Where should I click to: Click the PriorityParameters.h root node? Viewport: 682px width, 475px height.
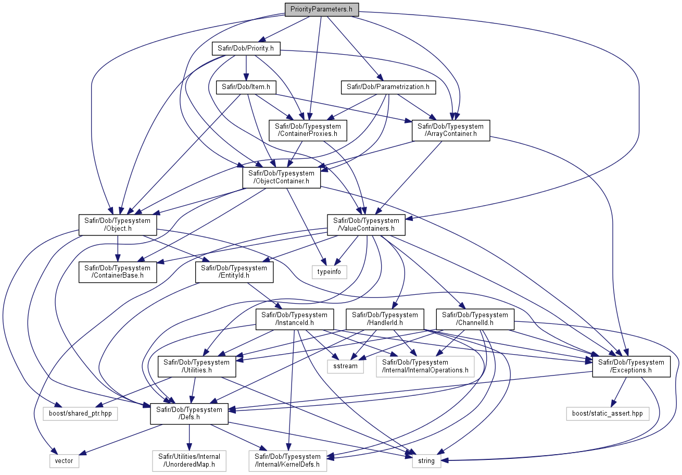click(322, 9)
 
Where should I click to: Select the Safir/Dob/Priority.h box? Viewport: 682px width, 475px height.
click(246, 48)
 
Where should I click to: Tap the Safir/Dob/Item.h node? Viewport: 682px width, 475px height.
click(246, 87)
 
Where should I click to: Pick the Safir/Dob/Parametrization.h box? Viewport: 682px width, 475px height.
click(388, 87)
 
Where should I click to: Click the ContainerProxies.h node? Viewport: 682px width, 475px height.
click(308, 130)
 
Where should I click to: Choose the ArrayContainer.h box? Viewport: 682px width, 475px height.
click(451, 130)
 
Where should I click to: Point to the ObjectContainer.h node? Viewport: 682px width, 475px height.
click(281, 178)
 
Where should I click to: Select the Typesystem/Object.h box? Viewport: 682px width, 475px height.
click(118, 225)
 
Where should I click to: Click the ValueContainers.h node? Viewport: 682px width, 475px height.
click(366, 225)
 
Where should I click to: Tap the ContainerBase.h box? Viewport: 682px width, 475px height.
click(118, 272)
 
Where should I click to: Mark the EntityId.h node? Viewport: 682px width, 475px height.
click(234, 272)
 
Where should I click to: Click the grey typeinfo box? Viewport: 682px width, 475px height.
click(329, 272)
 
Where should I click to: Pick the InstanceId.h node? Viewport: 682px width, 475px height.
click(295, 319)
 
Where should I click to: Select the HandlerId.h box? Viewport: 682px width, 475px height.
click(385, 319)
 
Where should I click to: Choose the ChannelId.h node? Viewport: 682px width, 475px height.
click(475, 319)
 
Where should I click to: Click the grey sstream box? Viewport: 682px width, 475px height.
click(345, 367)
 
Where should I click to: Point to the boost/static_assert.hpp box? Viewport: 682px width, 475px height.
click(608, 414)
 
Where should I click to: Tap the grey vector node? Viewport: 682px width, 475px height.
click(64, 461)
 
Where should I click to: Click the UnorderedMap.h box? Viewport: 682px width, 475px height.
click(189, 461)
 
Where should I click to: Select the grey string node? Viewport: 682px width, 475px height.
click(426, 461)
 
